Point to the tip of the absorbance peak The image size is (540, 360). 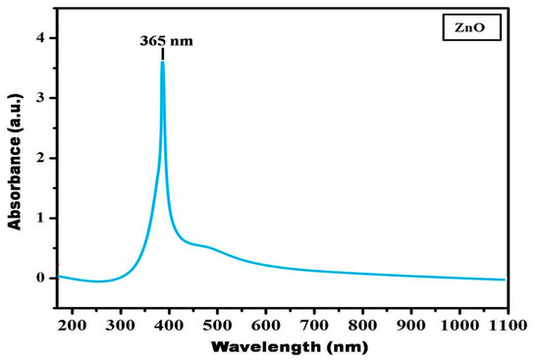[162, 62]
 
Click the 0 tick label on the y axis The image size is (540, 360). [40, 279]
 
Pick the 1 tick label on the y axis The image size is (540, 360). [40, 219]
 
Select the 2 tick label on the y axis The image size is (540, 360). [40, 159]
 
